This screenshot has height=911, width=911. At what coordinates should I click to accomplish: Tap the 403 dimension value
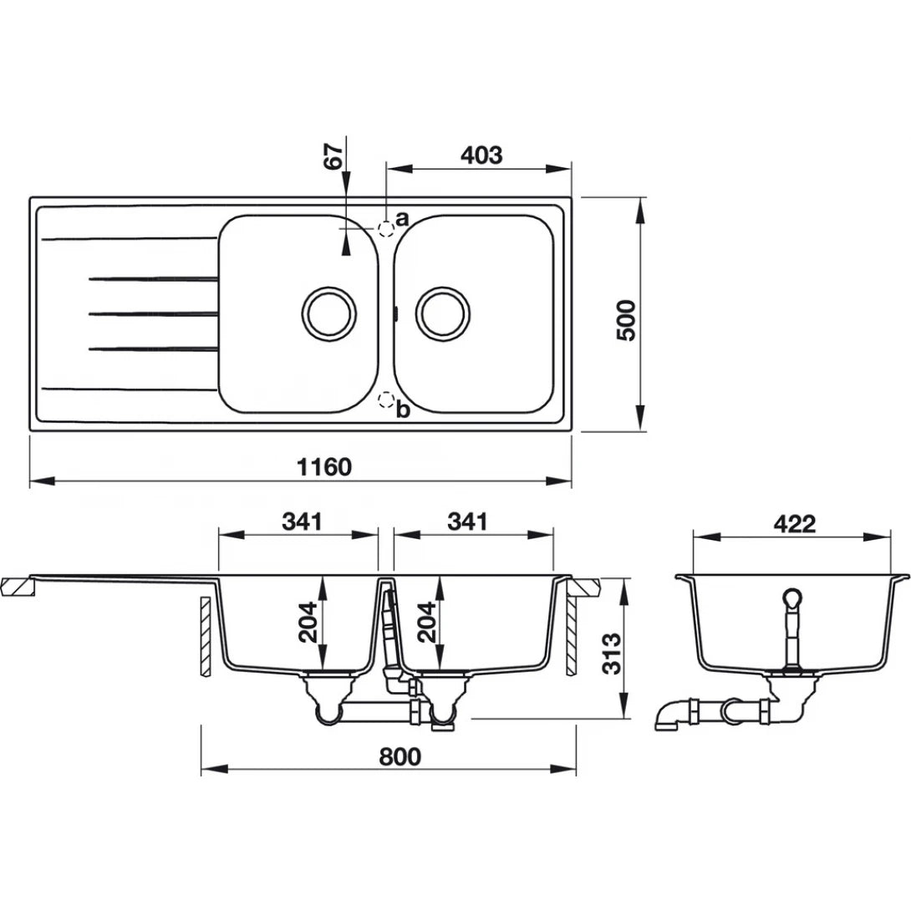click(x=481, y=155)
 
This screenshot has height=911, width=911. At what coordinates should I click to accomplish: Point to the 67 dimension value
click(x=333, y=157)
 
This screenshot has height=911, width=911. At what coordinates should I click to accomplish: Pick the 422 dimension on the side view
click(x=793, y=523)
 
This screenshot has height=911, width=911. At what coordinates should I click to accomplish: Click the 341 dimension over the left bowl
click(x=302, y=522)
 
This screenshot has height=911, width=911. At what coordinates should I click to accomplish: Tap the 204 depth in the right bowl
click(x=428, y=623)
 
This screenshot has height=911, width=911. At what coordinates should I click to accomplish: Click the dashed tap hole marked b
click(x=385, y=400)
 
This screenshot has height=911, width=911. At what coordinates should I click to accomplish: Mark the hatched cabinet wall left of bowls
click(x=203, y=636)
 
